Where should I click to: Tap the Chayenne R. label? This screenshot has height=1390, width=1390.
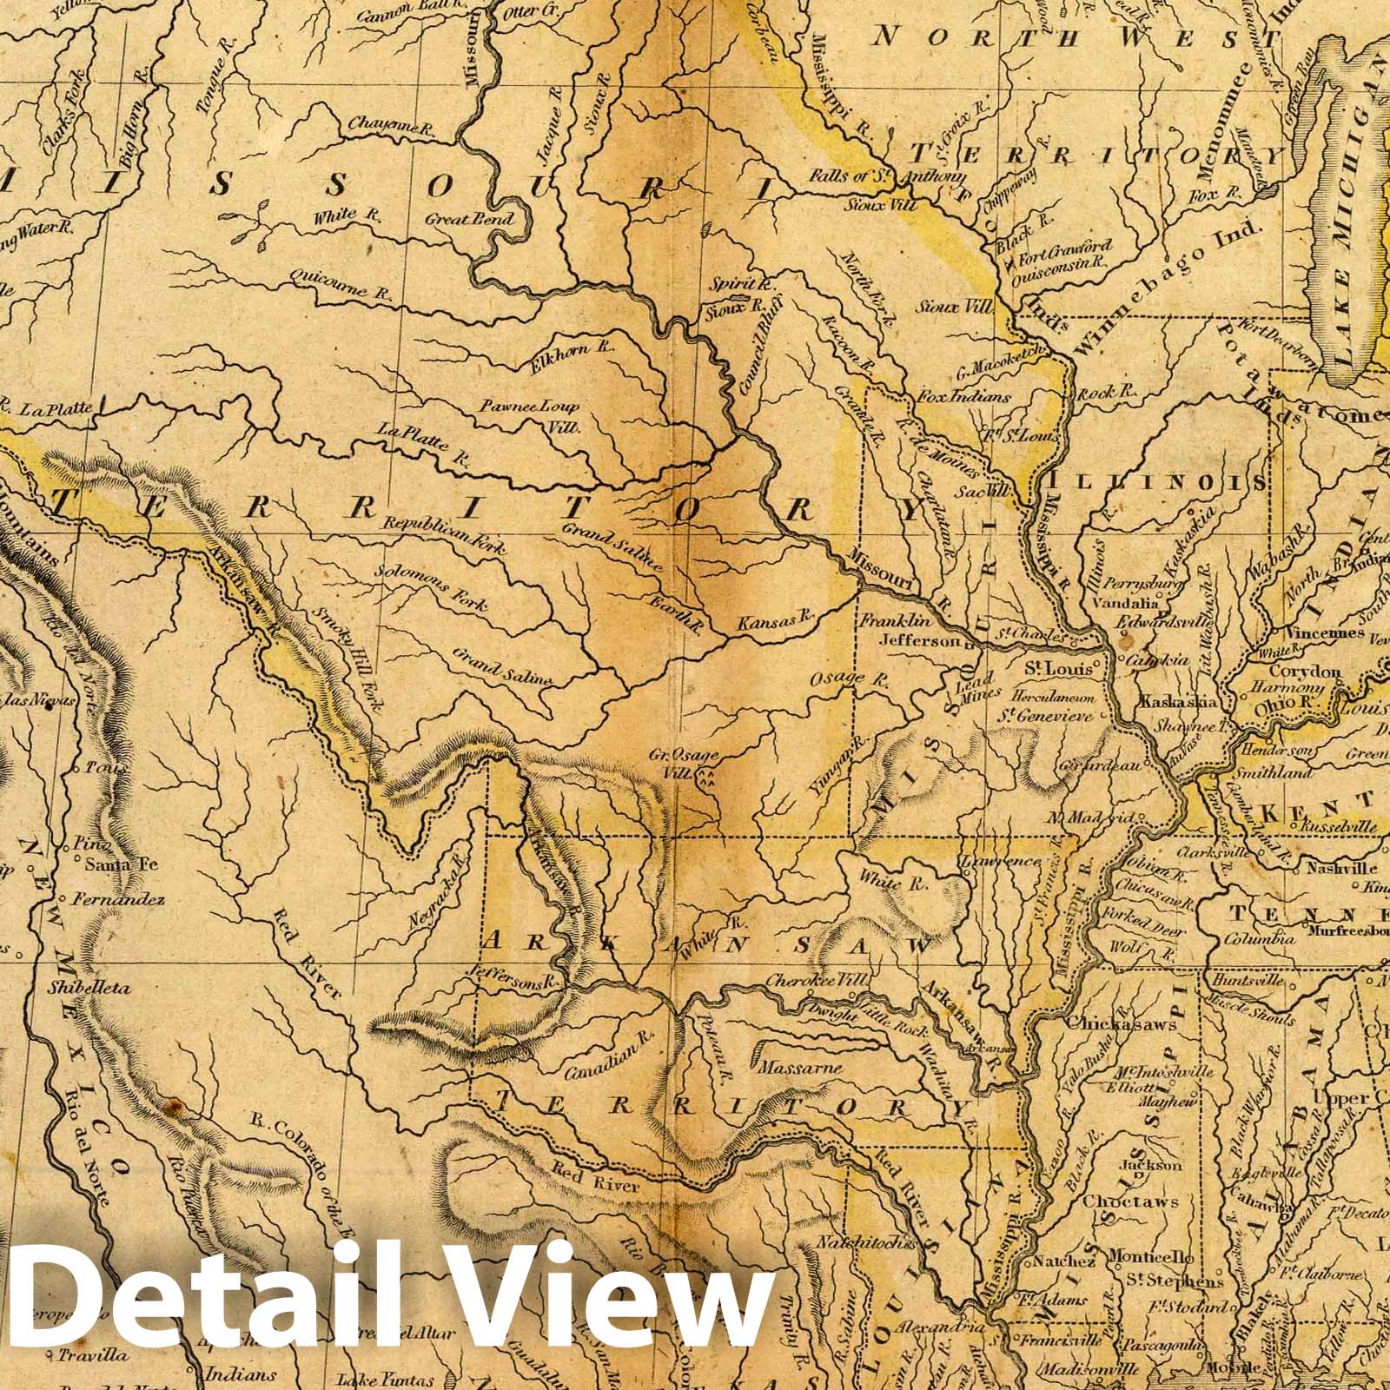click(390, 128)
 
